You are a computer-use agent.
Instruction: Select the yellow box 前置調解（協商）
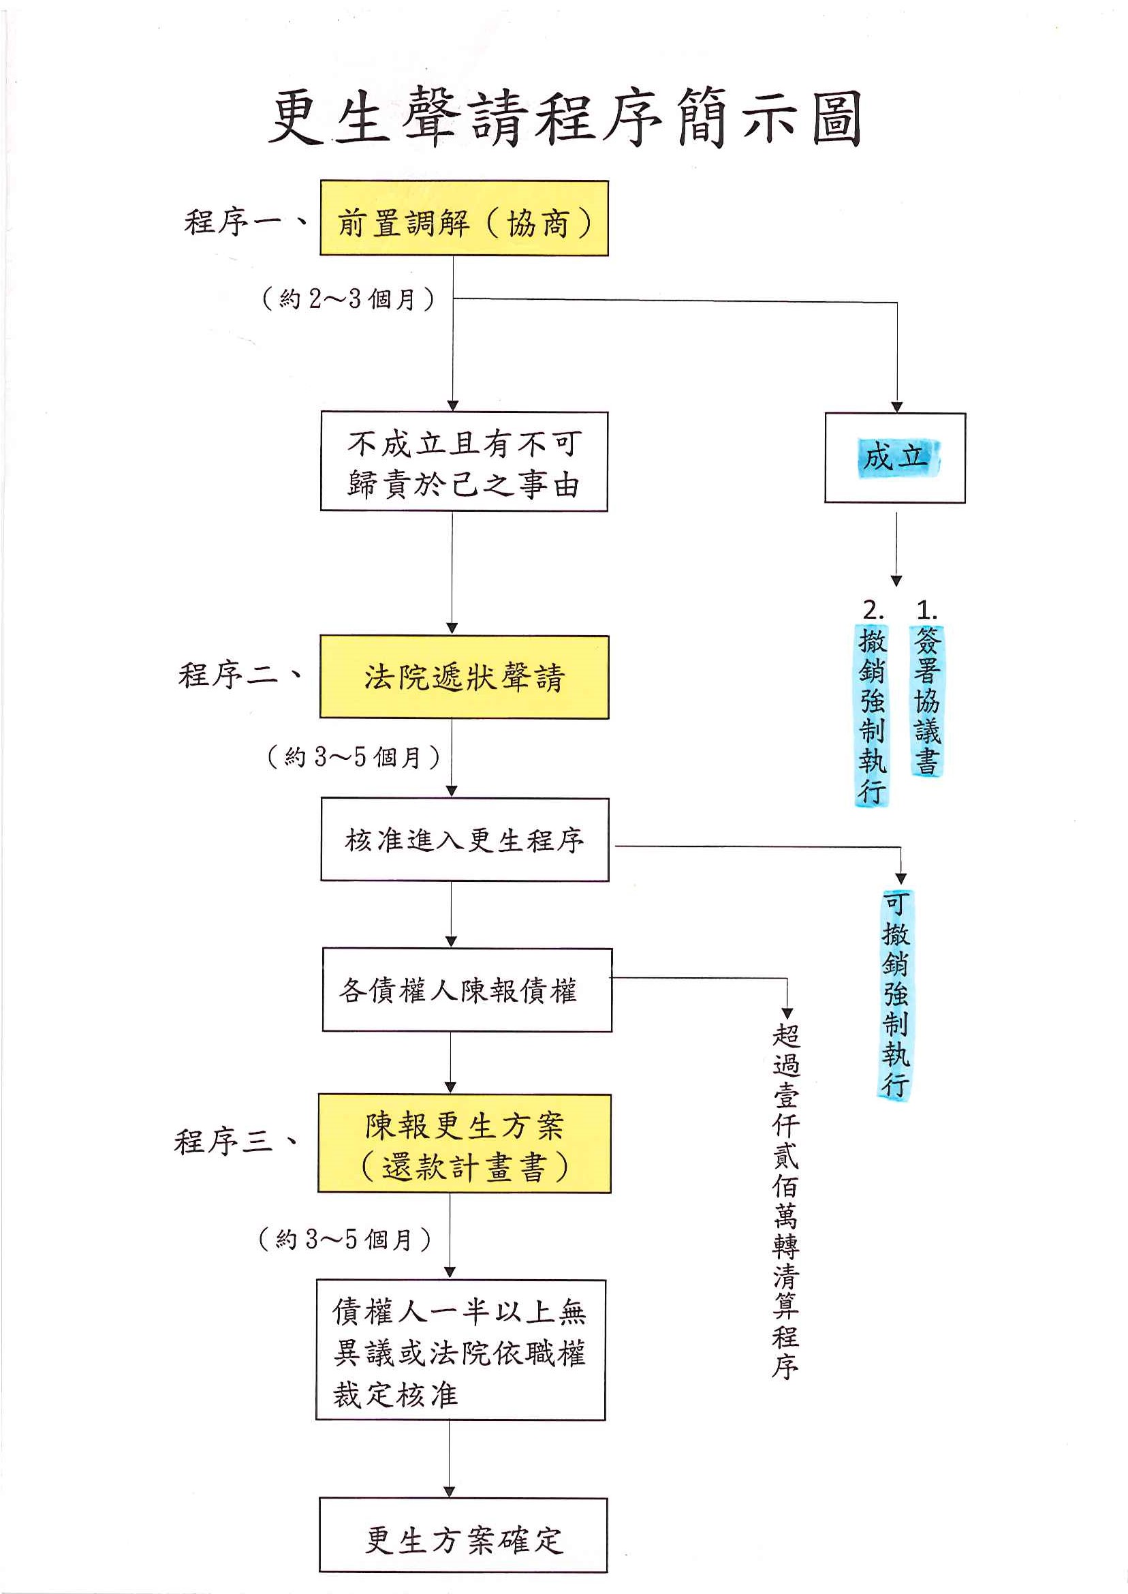pyautogui.click(x=464, y=219)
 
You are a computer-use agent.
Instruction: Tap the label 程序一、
pyautogui.click(x=245, y=221)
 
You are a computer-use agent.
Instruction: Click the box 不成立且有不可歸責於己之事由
pyautogui.click(x=464, y=462)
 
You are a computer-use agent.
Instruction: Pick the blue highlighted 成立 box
pyautogui.click(x=895, y=458)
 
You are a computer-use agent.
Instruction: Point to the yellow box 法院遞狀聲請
pyautogui.click(x=464, y=677)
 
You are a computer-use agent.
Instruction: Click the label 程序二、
pyautogui.click(x=240, y=675)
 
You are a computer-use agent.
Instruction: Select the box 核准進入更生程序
pyautogui.click(x=465, y=840)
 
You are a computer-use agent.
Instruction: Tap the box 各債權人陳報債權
pyautogui.click(x=467, y=990)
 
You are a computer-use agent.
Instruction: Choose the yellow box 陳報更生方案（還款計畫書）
pyautogui.click(x=465, y=1144)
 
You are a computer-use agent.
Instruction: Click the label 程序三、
pyautogui.click(x=236, y=1141)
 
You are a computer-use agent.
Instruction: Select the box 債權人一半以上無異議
pyautogui.click(x=460, y=1350)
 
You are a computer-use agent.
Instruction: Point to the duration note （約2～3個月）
pyautogui.click(x=349, y=298)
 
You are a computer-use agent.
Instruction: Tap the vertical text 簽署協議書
pyautogui.click(x=927, y=701)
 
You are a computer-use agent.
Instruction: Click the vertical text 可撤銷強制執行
pyautogui.click(x=895, y=995)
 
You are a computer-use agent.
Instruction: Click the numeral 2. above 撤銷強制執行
pyautogui.click(x=873, y=610)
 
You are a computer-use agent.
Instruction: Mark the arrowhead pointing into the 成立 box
pyautogui.click(x=896, y=406)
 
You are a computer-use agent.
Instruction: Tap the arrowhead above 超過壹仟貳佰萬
pyautogui.click(x=787, y=1014)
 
